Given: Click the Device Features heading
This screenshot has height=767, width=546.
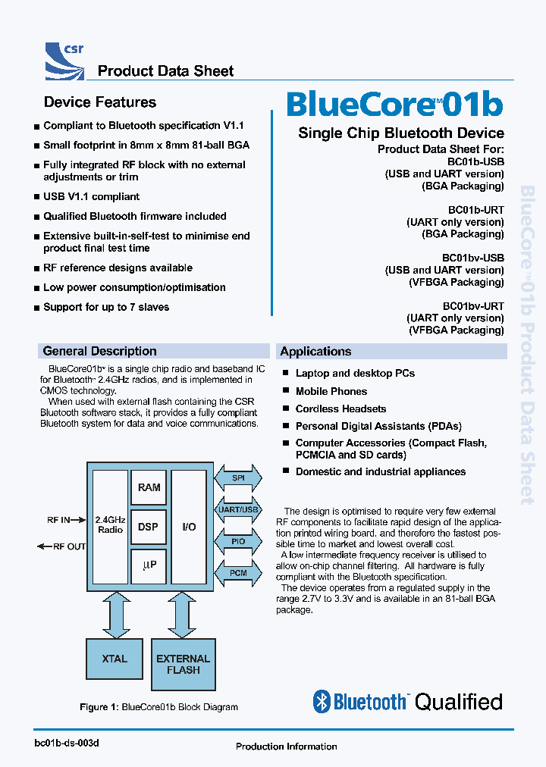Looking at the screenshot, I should [x=99, y=102].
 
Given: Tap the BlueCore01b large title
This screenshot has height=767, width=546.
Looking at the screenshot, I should [x=394, y=105].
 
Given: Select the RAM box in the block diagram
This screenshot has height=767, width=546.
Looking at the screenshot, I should [x=149, y=487].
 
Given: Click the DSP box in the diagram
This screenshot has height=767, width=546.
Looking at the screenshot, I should [x=149, y=527].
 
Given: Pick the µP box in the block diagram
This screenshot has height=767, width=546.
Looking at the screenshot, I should [x=149, y=565].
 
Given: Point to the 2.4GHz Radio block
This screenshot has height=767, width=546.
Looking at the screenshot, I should [x=110, y=524].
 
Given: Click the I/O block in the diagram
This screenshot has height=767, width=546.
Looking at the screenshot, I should [x=189, y=527].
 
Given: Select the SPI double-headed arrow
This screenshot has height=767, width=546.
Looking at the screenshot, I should [x=238, y=478].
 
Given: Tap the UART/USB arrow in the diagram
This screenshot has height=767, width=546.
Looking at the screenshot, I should [x=238, y=510].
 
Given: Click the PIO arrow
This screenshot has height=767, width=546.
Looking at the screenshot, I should [x=238, y=541].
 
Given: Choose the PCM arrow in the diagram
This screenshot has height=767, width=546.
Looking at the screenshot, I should [x=238, y=573].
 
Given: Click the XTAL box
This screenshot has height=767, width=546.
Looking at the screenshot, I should [x=115, y=659].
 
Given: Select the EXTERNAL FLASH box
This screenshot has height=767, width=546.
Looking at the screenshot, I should [x=183, y=665].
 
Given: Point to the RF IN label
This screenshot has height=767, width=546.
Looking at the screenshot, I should [x=58, y=520].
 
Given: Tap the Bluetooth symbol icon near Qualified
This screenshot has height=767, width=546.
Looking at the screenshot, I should [x=322, y=702].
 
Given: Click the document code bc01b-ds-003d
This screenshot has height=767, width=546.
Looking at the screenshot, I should [x=67, y=743].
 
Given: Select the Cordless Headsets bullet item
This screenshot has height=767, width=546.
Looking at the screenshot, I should [x=340, y=409].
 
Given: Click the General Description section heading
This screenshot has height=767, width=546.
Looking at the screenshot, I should [x=100, y=351].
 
